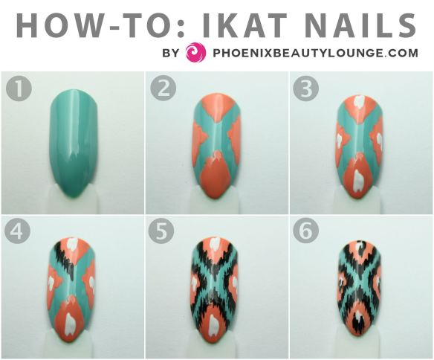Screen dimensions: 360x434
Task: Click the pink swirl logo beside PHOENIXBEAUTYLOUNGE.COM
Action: click(x=195, y=53)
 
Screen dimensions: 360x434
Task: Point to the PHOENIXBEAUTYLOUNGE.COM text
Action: click(x=315, y=53)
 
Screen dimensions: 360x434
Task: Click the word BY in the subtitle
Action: click(x=171, y=53)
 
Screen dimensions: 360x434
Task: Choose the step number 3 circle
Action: click(x=305, y=90)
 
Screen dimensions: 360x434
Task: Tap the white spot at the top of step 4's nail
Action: click(x=73, y=243)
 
